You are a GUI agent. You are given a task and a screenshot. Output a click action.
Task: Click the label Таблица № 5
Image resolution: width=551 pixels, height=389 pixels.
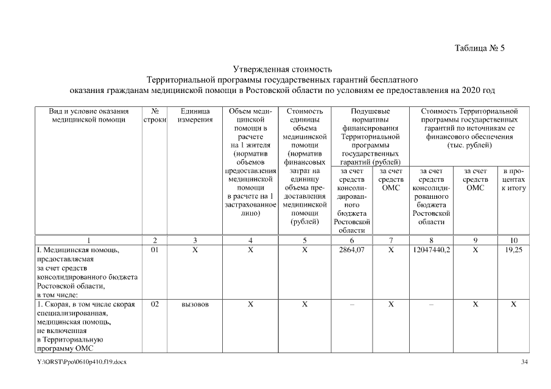480,49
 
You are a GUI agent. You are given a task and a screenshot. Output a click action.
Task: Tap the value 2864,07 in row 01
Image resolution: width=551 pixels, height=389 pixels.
351,249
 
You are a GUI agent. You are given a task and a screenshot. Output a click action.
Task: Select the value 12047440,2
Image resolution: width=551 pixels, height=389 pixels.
431,249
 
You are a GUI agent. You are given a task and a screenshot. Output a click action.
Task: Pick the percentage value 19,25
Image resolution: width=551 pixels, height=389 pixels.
513,249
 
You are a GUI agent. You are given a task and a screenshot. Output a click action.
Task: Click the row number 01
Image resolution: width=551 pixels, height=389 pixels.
154,249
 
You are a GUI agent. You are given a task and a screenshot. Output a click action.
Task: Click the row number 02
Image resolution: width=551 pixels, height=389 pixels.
154,303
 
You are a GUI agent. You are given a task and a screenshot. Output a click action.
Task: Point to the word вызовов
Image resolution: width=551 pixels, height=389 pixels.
195,304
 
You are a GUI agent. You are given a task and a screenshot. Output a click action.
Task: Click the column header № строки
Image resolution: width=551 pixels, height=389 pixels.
154,115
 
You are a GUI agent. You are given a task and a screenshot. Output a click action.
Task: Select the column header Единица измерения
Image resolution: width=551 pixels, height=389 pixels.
195,115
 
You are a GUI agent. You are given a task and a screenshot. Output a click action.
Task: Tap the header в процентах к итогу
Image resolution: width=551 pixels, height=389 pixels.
513,180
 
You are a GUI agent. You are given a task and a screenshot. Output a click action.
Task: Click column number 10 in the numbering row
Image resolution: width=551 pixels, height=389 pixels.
513,240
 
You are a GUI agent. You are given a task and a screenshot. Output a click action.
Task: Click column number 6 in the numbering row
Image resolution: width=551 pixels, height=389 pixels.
351,240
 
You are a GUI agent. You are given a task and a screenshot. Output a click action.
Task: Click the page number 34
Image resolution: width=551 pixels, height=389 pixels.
525,362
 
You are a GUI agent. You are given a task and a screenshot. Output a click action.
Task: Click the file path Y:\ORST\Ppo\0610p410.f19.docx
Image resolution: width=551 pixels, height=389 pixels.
82,362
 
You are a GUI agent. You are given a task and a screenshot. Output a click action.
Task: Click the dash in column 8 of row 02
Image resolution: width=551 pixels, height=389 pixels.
431,304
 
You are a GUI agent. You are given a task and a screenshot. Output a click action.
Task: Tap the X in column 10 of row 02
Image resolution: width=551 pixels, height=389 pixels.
513,304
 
